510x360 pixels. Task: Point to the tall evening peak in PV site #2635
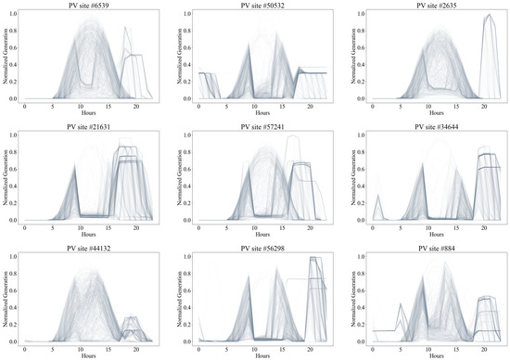tap(487, 19)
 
